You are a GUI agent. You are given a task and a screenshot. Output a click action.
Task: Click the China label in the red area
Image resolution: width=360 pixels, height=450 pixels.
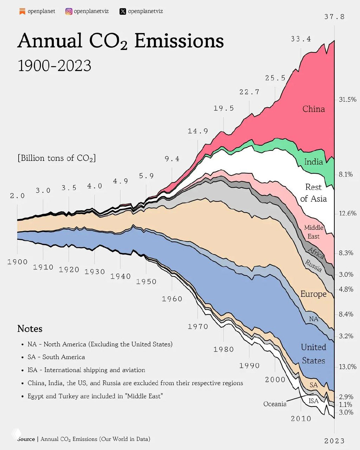pyautogui.click(x=314, y=109)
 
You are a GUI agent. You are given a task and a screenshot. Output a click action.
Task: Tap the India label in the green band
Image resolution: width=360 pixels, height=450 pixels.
pyautogui.click(x=313, y=162)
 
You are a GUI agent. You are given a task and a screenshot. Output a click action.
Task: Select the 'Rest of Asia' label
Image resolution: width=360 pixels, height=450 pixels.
pyautogui.click(x=313, y=193)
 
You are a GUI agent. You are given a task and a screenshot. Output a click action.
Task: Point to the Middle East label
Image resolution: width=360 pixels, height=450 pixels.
pyautogui.click(x=313, y=232)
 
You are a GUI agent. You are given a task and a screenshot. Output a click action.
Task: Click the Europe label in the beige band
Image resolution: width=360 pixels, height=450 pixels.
pyautogui.click(x=313, y=294)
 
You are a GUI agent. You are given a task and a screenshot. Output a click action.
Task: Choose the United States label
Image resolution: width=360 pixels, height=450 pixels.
pyautogui.click(x=313, y=354)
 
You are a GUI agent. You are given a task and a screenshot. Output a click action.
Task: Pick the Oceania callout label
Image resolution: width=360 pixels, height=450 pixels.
pyautogui.click(x=275, y=404)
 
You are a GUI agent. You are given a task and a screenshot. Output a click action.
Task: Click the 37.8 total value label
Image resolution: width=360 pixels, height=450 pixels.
pyautogui.click(x=334, y=17)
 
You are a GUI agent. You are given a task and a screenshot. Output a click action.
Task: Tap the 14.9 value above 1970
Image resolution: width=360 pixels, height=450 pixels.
pyautogui.click(x=198, y=131)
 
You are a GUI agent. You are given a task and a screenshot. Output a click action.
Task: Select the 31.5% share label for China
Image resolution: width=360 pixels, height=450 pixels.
pyautogui.click(x=348, y=99)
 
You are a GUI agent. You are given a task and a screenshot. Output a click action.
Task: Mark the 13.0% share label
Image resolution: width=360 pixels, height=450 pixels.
pyautogui.click(x=348, y=367)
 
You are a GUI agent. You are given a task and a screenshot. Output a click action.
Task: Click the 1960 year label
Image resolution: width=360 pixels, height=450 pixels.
pyautogui.click(x=172, y=299)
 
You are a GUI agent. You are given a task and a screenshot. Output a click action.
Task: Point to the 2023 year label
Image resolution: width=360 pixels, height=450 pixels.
pyautogui.click(x=334, y=441)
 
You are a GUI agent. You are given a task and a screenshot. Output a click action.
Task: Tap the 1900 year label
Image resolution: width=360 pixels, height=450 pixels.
pyautogui.click(x=17, y=262)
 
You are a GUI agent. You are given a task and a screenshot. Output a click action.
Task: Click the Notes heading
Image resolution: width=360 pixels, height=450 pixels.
pyautogui.click(x=30, y=329)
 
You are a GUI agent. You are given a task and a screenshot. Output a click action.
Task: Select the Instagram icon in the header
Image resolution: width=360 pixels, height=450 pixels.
pyautogui.click(x=69, y=11)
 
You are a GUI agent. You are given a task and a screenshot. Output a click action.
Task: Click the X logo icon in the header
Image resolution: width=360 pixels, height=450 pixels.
pyautogui.click(x=123, y=11)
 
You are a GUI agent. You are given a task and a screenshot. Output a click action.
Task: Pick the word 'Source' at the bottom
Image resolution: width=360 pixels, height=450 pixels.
pyautogui.click(x=26, y=439)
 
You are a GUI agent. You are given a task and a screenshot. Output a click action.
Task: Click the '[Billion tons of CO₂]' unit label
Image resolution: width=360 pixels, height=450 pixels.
pyautogui.click(x=57, y=158)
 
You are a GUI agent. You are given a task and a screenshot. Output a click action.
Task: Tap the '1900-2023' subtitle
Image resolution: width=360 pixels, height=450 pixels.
pyautogui.click(x=54, y=66)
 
